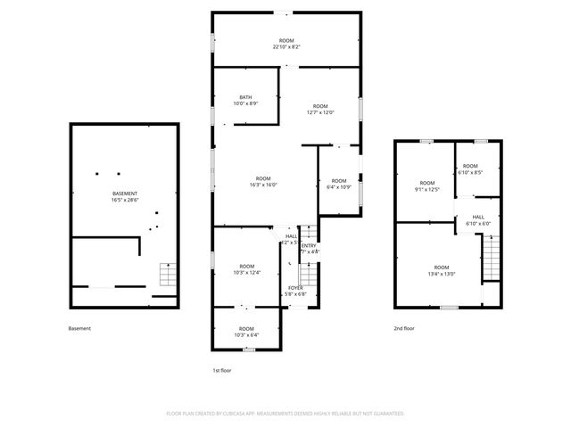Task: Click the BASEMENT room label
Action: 125,196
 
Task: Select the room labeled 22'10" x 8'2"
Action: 286,43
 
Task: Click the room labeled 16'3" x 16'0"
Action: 263,181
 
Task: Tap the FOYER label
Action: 295,290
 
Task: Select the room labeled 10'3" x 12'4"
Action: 246,269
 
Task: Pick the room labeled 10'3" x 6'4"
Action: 246,332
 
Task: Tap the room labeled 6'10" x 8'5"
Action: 470,169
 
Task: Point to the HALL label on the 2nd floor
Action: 478,219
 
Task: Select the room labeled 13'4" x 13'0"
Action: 442,270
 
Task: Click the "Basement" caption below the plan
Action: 79,328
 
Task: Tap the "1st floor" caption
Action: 222,369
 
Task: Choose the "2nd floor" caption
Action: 404,328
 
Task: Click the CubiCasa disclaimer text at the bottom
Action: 285,414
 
